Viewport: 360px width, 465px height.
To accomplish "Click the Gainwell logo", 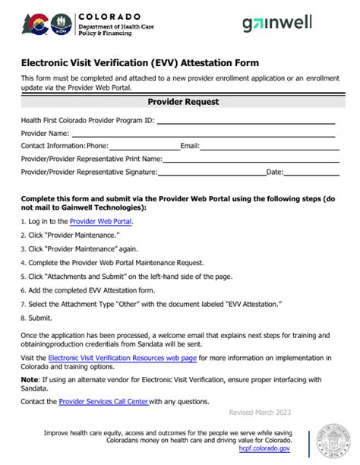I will (x=277, y=24).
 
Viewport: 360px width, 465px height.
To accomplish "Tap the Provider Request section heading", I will (x=183, y=102).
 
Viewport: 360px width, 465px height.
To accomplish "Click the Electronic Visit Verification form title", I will (x=140, y=63).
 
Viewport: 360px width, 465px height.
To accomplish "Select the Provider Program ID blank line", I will (x=245, y=120).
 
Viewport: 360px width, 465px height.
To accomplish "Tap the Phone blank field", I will (x=144, y=146).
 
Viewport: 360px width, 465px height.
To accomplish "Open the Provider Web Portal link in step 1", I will (x=101, y=222).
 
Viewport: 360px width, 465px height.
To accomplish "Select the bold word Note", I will (x=30, y=378).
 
